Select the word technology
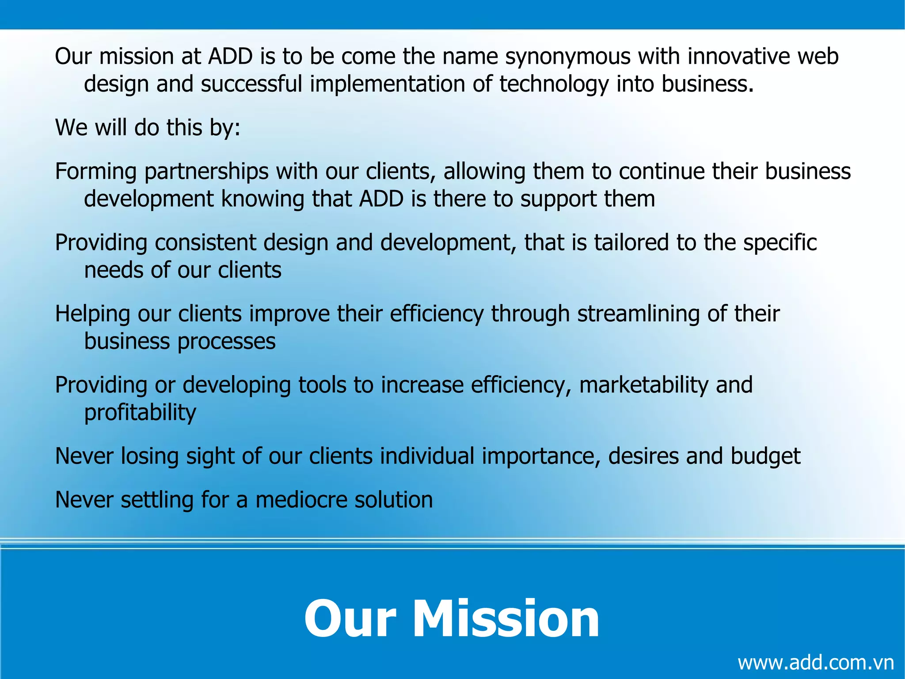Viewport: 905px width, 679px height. click(x=554, y=84)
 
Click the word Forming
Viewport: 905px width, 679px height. click(x=96, y=172)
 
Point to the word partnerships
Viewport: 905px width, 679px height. click(x=206, y=172)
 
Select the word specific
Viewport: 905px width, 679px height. click(x=780, y=242)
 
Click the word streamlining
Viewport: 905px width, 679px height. click(x=639, y=314)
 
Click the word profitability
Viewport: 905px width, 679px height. click(x=140, y=413)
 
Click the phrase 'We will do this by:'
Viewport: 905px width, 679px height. click(x=148, y=127)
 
